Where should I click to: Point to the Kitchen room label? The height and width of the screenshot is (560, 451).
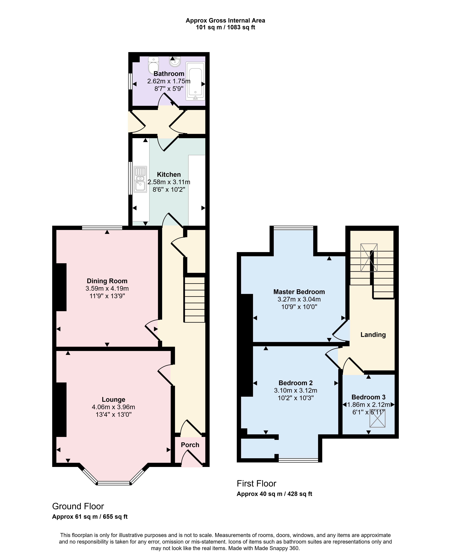tap(169, 174)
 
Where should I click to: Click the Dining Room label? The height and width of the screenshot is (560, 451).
tap(107, 281)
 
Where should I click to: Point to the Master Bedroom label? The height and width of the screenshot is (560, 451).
tap(299, 292)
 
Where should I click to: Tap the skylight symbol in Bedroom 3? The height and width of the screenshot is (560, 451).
tap(377, 418)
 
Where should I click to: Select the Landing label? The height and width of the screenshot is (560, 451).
tap(373, 335)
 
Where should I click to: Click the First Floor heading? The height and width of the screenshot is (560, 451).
tap(256, 483)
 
